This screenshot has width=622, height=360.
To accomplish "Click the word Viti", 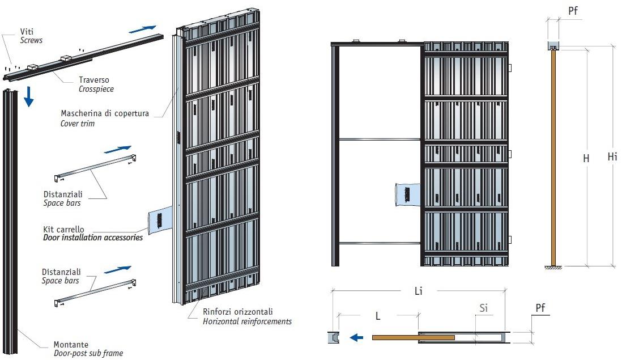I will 27,32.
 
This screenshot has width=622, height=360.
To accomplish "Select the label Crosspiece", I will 96,89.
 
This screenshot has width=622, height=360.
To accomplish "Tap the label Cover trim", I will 78,123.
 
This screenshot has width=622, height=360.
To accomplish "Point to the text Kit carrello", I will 63,229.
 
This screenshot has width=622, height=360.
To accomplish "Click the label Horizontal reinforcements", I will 247,321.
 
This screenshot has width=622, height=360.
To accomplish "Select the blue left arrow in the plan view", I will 356,338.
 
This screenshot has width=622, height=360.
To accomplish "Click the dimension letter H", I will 586,159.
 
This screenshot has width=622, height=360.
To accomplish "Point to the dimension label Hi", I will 612,157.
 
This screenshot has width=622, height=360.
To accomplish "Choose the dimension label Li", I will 419,291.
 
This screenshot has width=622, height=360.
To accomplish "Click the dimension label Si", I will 483,308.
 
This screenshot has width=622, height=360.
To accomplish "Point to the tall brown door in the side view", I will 553,159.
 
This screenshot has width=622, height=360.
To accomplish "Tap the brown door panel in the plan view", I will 413,338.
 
